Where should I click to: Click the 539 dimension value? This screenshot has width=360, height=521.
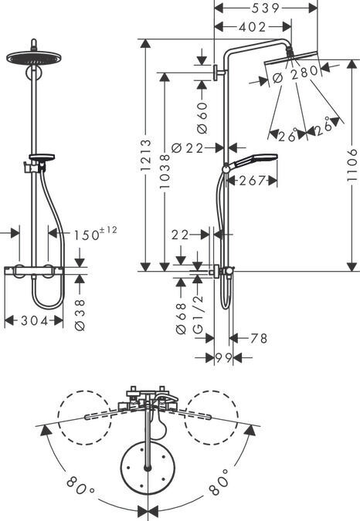coord(265,8)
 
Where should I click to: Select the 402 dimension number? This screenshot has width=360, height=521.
coord(253,27)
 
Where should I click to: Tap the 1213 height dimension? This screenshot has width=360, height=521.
coord(145,155)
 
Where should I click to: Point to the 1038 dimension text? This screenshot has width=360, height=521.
coord(165,171)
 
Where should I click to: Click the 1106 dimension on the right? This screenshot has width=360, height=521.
coord(352,165)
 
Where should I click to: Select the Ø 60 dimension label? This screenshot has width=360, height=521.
coord(202,117)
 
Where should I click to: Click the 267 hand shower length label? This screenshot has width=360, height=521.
coord(253,181)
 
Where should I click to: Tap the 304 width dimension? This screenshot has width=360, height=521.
coord(35,320)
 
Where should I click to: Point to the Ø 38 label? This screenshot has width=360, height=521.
coord(80,315)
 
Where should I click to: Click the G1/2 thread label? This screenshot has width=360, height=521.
coord(198,313)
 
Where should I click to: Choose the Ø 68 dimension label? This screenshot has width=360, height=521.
coord(182,318)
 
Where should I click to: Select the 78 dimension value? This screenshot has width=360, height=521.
coord(259,338)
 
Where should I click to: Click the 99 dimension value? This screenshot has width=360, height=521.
coord(223,357)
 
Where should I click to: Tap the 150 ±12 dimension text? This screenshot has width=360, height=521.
coord(95,233)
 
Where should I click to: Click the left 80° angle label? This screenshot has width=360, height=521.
coord(80,485)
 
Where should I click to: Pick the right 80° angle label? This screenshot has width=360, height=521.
coord(219,482)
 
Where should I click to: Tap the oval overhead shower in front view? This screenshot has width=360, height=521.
coord(34,58)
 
